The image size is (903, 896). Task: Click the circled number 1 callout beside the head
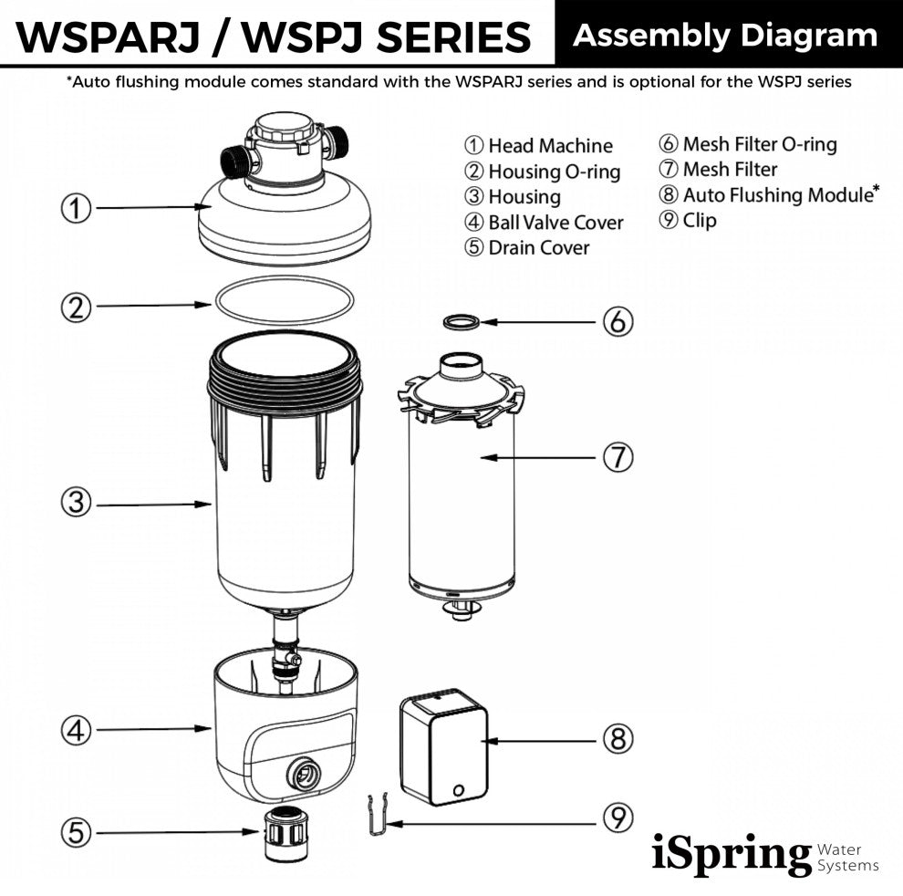click(77, 209)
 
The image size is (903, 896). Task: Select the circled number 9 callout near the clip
click(618, 818)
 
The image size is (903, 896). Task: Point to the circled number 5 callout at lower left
click(77, 831)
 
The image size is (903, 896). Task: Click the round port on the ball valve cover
click(302, 776)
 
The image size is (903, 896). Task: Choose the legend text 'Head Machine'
click(550, 146)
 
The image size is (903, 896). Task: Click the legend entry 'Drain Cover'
click(538, 248)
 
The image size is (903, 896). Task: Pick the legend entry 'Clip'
click(699, 221)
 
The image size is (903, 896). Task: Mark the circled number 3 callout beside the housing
click(77, 502)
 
